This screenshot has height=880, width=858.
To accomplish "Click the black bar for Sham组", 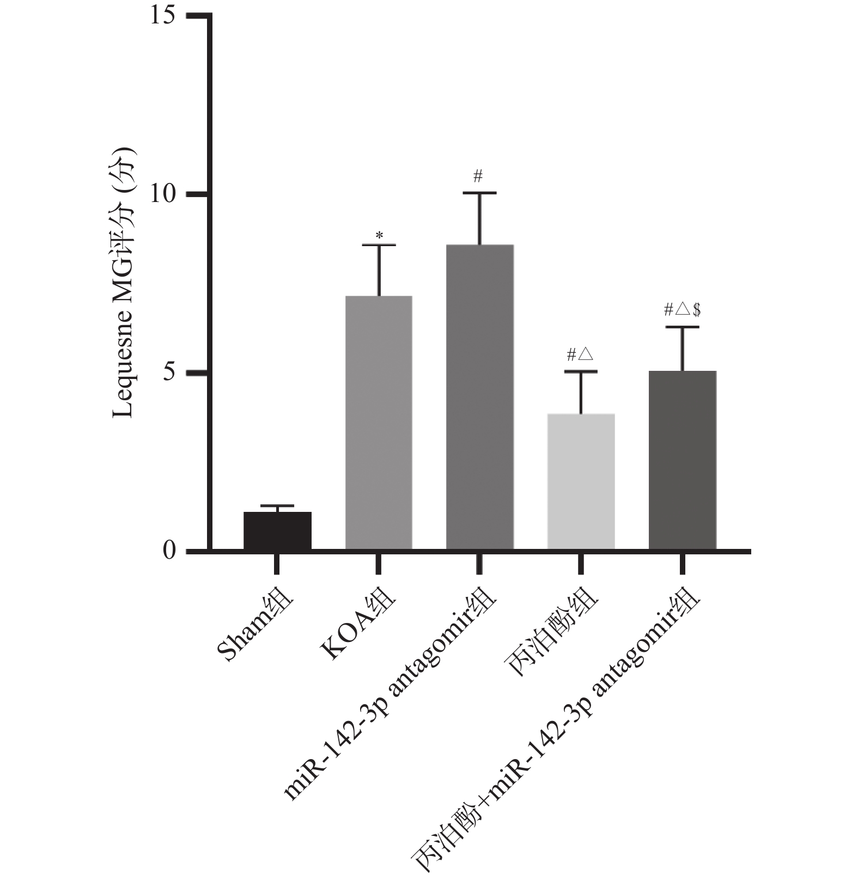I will point(277,530).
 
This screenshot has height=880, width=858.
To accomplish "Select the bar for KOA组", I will point(379,423).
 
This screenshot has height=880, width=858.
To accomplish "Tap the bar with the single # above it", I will point(479,397).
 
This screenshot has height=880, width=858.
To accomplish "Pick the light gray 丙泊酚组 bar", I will point(581,481).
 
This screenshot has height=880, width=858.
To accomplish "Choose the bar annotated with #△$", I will point(682,460).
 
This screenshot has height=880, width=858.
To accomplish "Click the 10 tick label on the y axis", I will point(162,194).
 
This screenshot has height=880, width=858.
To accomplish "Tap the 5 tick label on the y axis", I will point(169,373).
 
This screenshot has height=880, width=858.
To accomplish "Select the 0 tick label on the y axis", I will point(169,551).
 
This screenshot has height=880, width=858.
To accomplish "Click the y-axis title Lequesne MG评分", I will point(124,283).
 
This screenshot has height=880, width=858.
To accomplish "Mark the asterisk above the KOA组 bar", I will point(379,236).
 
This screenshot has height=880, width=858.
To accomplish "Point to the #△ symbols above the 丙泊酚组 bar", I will point(580,355).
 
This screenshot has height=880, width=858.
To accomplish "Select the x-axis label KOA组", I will point(357,626).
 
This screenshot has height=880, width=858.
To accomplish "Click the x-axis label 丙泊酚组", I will point(553,634).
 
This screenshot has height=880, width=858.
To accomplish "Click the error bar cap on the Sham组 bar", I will point(277,506).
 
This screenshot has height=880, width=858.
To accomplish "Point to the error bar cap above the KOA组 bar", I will point(379,246).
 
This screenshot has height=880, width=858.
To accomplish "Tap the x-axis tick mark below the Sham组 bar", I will point(277,564).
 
